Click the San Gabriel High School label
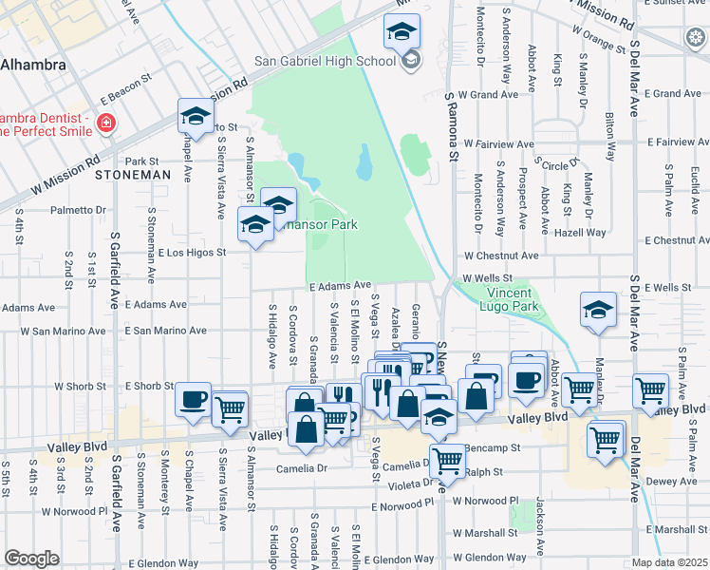(325, 62)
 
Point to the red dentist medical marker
(105, 123)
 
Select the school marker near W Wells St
(598, 312)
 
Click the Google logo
(31, 559)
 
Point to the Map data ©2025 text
(670, 562)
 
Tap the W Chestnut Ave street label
(501, 256)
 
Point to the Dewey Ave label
(672, 482)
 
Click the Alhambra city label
(33, 66)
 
